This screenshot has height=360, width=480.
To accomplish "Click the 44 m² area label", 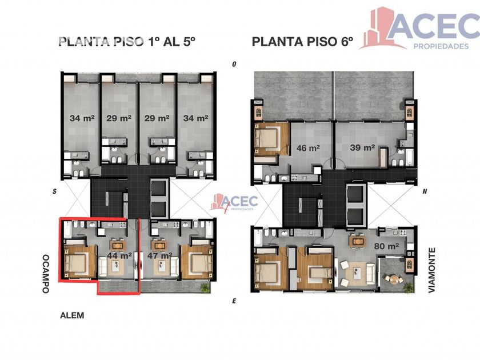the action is point(119,255).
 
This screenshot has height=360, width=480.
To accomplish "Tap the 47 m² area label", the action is point(159,255).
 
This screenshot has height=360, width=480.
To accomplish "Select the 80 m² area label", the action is point(386,246).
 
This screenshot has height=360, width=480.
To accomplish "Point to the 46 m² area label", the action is point(308,148).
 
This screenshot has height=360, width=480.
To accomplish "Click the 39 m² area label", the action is point(362,148).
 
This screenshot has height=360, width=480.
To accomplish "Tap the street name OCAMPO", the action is point(46,274).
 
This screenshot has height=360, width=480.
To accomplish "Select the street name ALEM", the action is point(72,315).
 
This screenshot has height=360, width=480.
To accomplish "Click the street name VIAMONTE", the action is point(431,270).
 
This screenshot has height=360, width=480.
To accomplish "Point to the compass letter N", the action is point(425,191).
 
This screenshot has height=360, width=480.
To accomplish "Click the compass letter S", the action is point(54,191).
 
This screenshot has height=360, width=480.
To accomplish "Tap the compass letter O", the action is point(234,64).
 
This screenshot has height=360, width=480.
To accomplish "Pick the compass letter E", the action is point(234,301).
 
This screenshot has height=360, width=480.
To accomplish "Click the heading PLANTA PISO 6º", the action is point(302,42).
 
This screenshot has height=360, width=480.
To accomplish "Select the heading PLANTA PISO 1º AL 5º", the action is point(127,42).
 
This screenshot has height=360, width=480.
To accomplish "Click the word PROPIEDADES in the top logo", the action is point(441,46).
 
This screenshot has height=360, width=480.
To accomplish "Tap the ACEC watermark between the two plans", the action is point(234,203).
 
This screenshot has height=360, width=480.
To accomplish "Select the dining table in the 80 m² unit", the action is point(357,242).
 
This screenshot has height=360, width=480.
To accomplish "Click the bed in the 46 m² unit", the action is point(267,139).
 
